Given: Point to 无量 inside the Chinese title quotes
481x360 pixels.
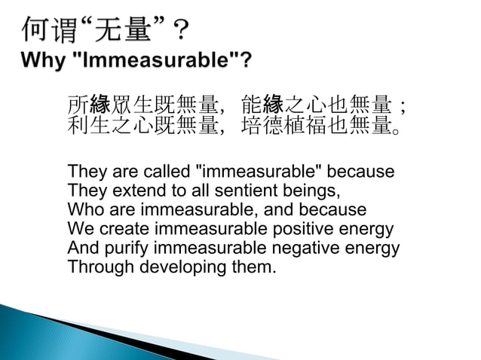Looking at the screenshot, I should (x=124, y=29).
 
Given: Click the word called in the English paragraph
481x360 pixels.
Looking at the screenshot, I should (x=167, y=172).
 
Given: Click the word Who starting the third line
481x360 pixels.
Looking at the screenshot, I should (x=84, y=209).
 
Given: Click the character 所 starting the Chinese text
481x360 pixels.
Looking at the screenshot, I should (x=78, y=105).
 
